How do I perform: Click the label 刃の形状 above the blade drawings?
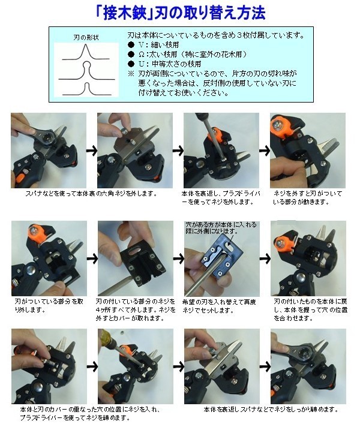[86, 37]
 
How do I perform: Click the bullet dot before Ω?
[131, 55]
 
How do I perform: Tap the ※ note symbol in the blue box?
[131, 74]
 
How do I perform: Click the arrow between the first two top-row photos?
[92, 151]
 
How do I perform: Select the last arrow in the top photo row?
[265, 151]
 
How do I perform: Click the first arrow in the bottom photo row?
[92, 366]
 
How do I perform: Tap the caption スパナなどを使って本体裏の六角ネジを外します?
[92, 194]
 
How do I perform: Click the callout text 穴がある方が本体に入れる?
[221, 225]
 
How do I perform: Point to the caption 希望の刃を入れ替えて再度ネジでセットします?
[219, 306]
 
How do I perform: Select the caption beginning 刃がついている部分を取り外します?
[49, 305]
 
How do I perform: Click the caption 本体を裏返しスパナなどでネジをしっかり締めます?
[271, 409]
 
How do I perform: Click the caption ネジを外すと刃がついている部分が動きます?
[308, 198]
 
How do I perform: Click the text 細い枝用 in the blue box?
[165, 45]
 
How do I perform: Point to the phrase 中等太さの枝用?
[176, 64]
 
